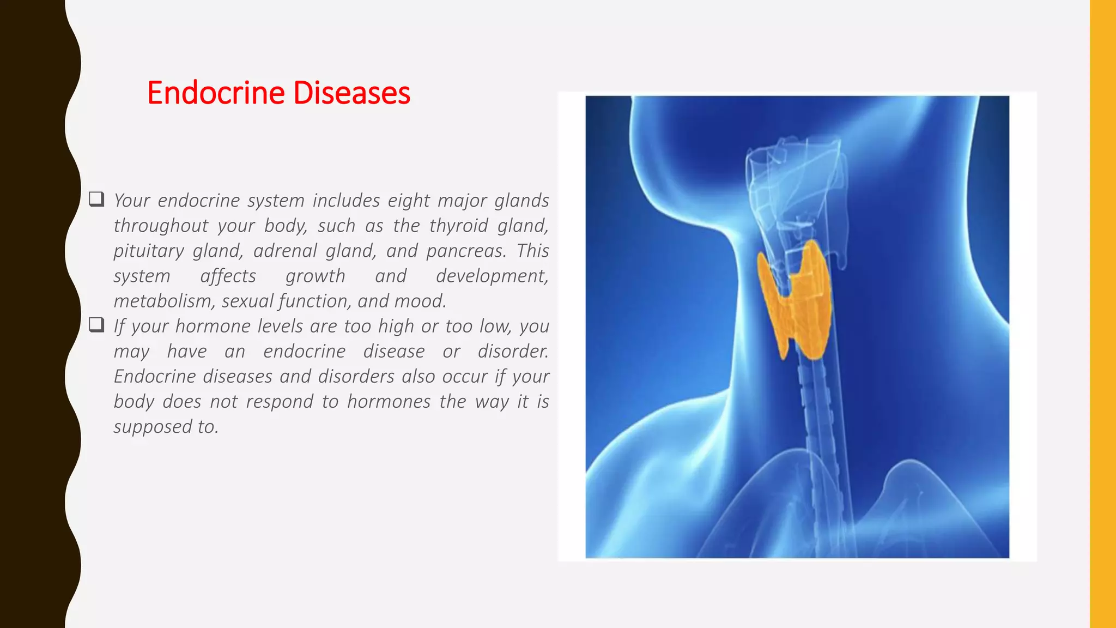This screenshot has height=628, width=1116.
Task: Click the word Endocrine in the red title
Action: click(216, 93)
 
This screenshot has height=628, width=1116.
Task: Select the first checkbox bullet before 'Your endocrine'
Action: click(96, 199)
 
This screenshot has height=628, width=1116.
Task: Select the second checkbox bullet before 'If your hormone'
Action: click(96, 325)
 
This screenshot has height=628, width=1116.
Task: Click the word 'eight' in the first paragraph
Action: click(409, 201)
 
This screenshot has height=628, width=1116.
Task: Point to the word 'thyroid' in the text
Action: click(458, 226)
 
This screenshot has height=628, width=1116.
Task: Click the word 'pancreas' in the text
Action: click(466, 251)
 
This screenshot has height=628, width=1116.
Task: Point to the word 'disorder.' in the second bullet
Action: click(513, 351)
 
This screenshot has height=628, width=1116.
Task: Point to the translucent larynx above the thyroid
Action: click(793, 185)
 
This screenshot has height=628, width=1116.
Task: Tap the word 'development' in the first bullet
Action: click(492, 276)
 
